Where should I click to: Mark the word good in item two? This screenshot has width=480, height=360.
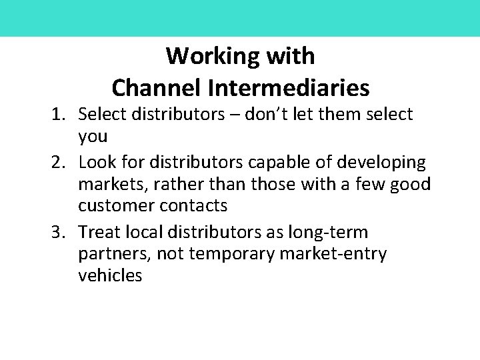[409, 184]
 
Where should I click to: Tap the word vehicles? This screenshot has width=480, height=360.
[110, 277]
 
